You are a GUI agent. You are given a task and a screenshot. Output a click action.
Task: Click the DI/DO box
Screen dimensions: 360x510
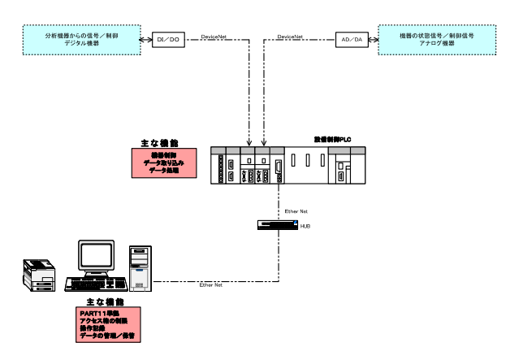tap(169, 39)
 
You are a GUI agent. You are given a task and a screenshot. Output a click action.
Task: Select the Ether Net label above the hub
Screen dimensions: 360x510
tap(296, 210)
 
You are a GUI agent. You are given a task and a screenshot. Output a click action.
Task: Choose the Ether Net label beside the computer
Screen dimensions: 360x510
tap(211, 285)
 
